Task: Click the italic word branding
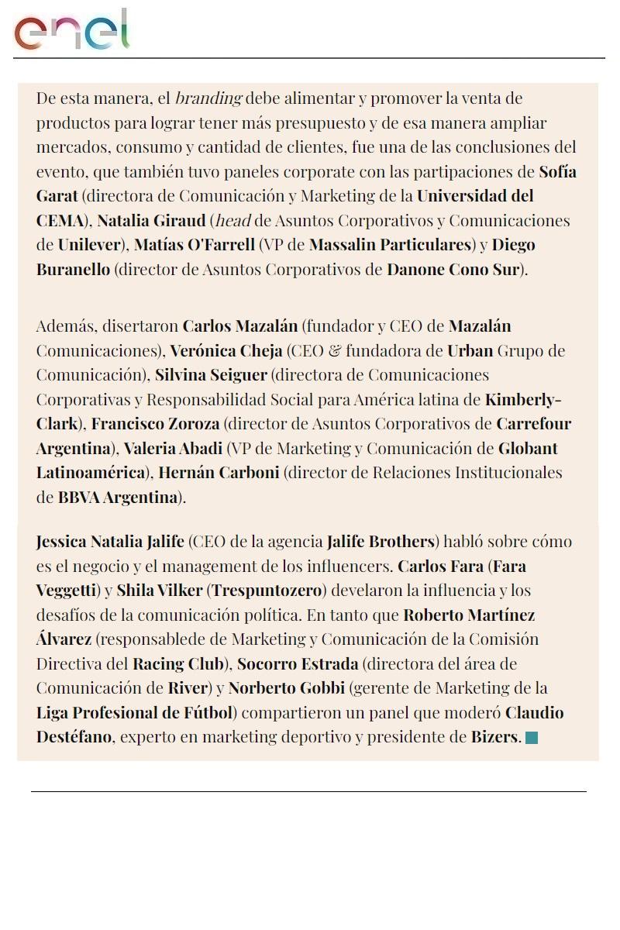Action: [x=208, y=98]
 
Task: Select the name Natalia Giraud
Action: [x=151, y=220]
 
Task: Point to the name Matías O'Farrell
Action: [x=195, y=245]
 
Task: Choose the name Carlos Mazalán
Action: [x=240, y=325]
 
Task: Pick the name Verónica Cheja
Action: [x=226, y=350]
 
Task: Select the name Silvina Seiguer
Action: [x=211, y=375]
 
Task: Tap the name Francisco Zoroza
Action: [x=156, y=424]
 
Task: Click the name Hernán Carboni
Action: [x=219, y=473]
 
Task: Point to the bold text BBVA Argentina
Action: [x=118, y=498]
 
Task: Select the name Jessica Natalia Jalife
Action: [x=110, y=541]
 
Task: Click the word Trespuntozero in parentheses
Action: [x=267, y=591]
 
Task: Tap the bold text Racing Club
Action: [x=180, y=664]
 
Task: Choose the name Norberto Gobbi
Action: [x=287, y=688]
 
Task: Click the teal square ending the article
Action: [x=532, y=738]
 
